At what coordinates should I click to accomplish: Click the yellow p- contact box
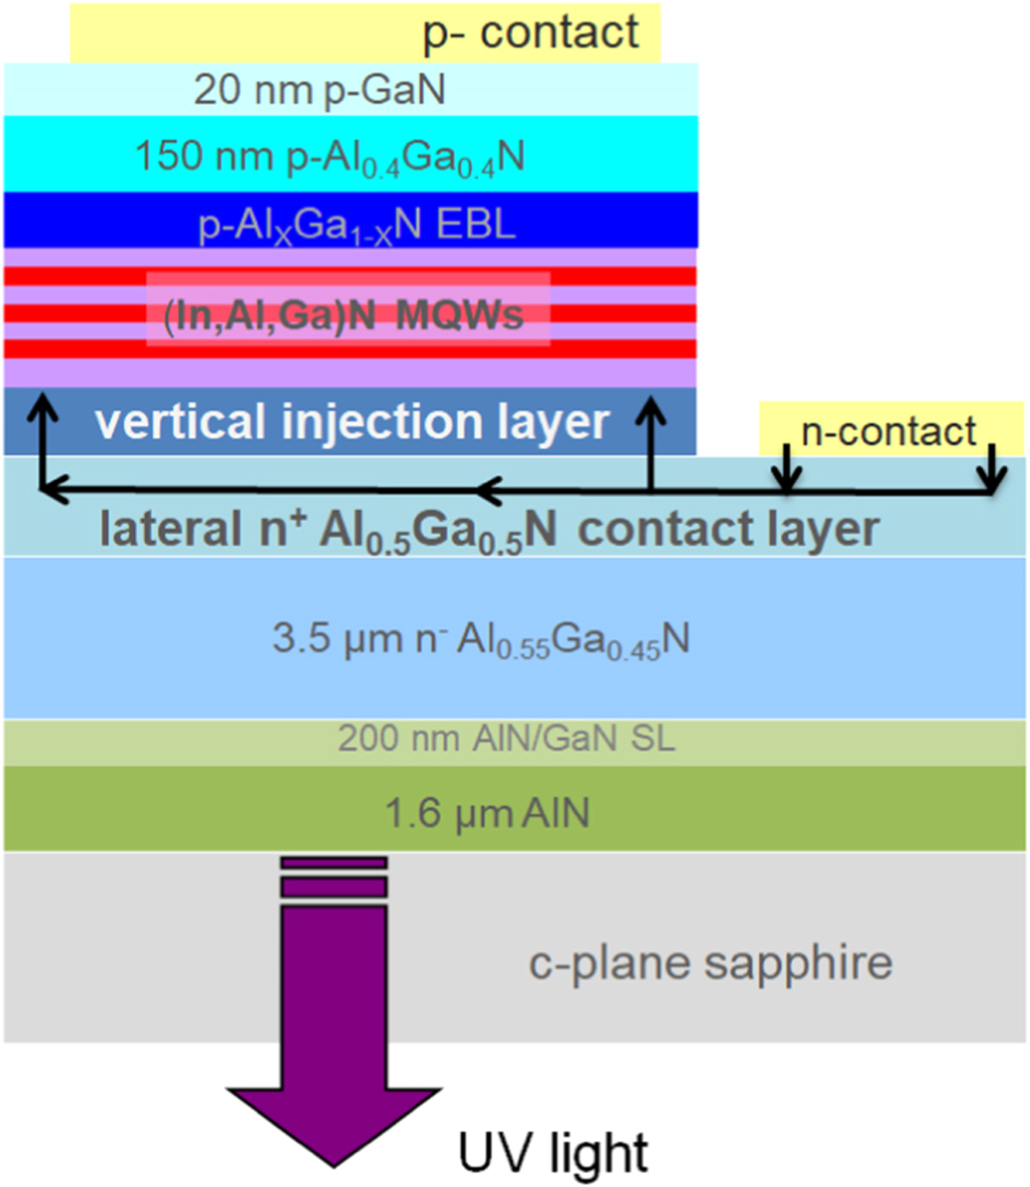[x=365, y=33]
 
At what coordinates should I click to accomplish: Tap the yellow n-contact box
[x=890, y=430]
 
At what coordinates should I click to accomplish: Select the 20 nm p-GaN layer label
[x=319, y=89]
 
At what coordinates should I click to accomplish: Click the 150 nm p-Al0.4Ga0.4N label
[x=329, y=157]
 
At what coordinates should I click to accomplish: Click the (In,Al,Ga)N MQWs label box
[x=347, y=308]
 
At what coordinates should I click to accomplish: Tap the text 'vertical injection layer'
[x=352, y=421]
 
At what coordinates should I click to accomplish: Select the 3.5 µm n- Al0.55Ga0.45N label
[x=481, y=639]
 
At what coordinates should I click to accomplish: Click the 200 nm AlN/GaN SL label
[x=506, y=739]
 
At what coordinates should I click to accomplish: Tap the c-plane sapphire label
[x=710, y=963]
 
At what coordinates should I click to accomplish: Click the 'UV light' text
[x=552, y=1152]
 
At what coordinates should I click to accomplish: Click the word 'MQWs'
[x=459, y=316]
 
